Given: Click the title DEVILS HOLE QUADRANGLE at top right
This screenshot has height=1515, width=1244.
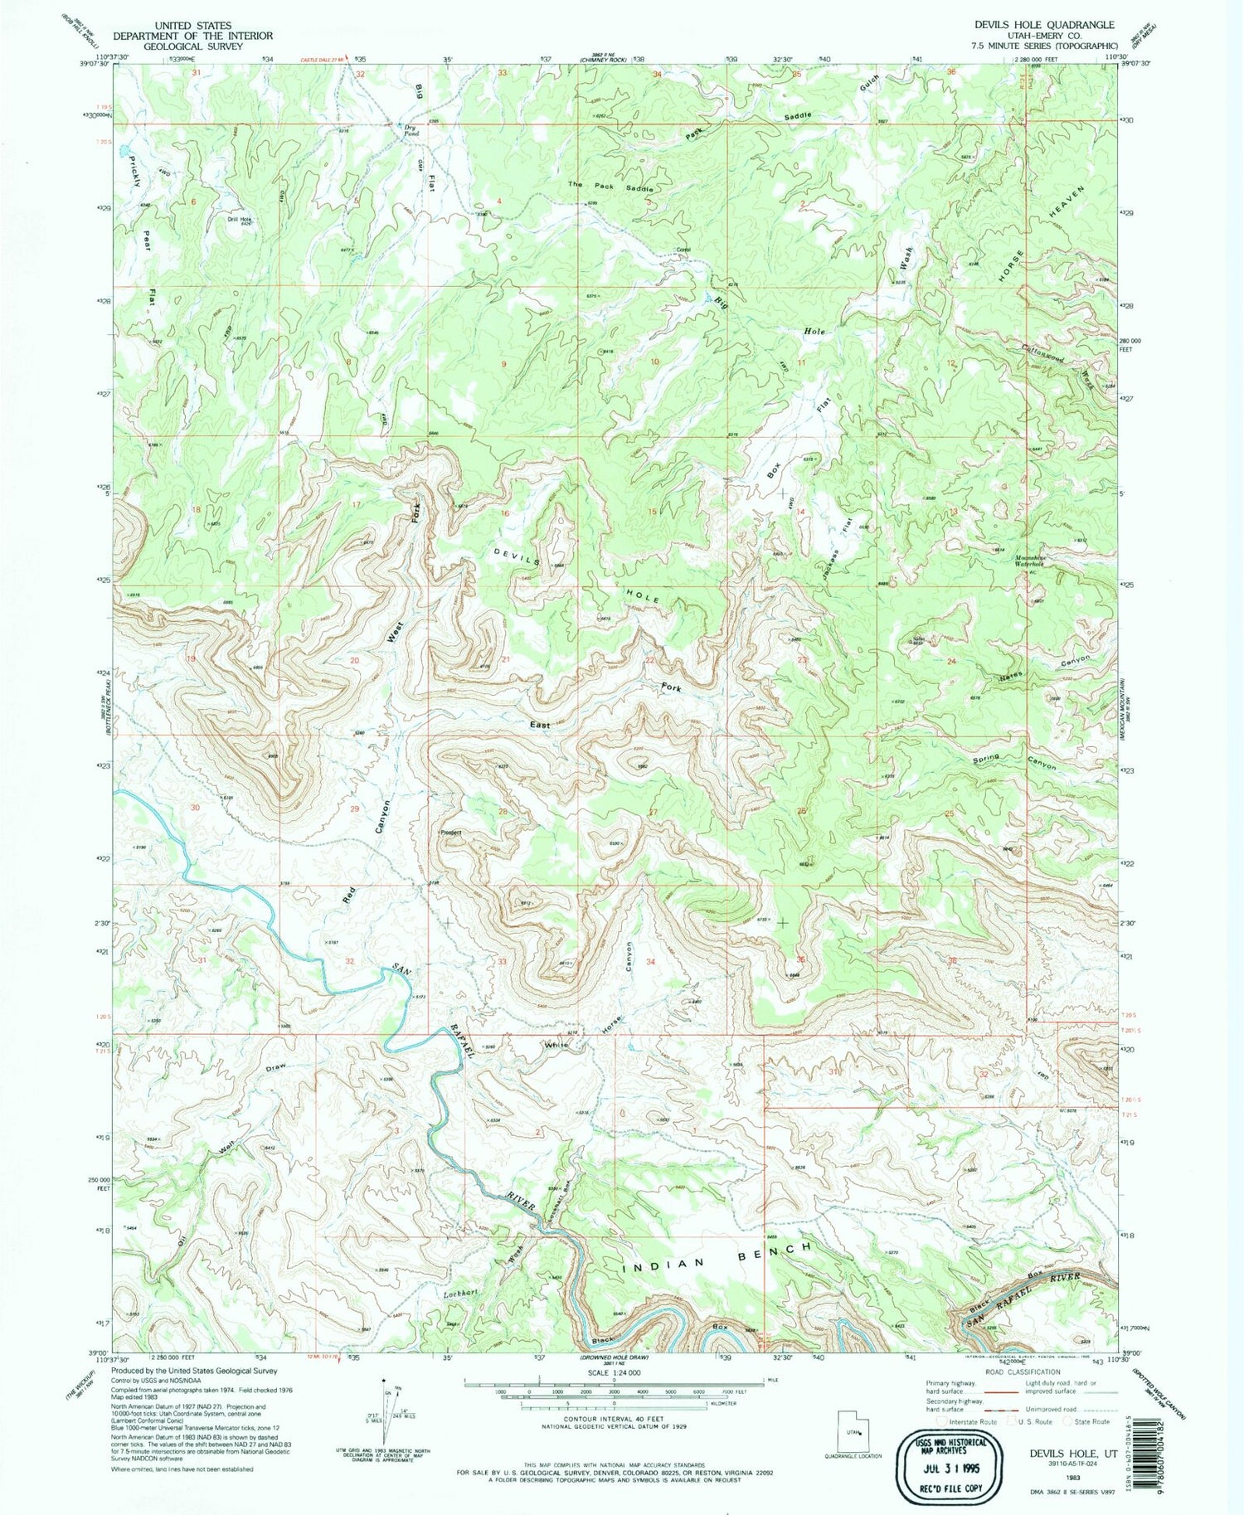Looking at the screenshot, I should tap(1045, 26).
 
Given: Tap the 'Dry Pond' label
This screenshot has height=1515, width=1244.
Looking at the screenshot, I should tap(411, 130).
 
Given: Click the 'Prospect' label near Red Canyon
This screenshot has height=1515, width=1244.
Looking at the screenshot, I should tap(450, 833).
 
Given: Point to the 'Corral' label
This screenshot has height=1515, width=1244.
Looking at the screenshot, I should tap(683, 250).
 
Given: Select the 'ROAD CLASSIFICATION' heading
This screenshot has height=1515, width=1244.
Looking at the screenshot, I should tap(1018, 1372).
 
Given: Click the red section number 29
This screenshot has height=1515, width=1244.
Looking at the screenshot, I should tap(355, 808).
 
